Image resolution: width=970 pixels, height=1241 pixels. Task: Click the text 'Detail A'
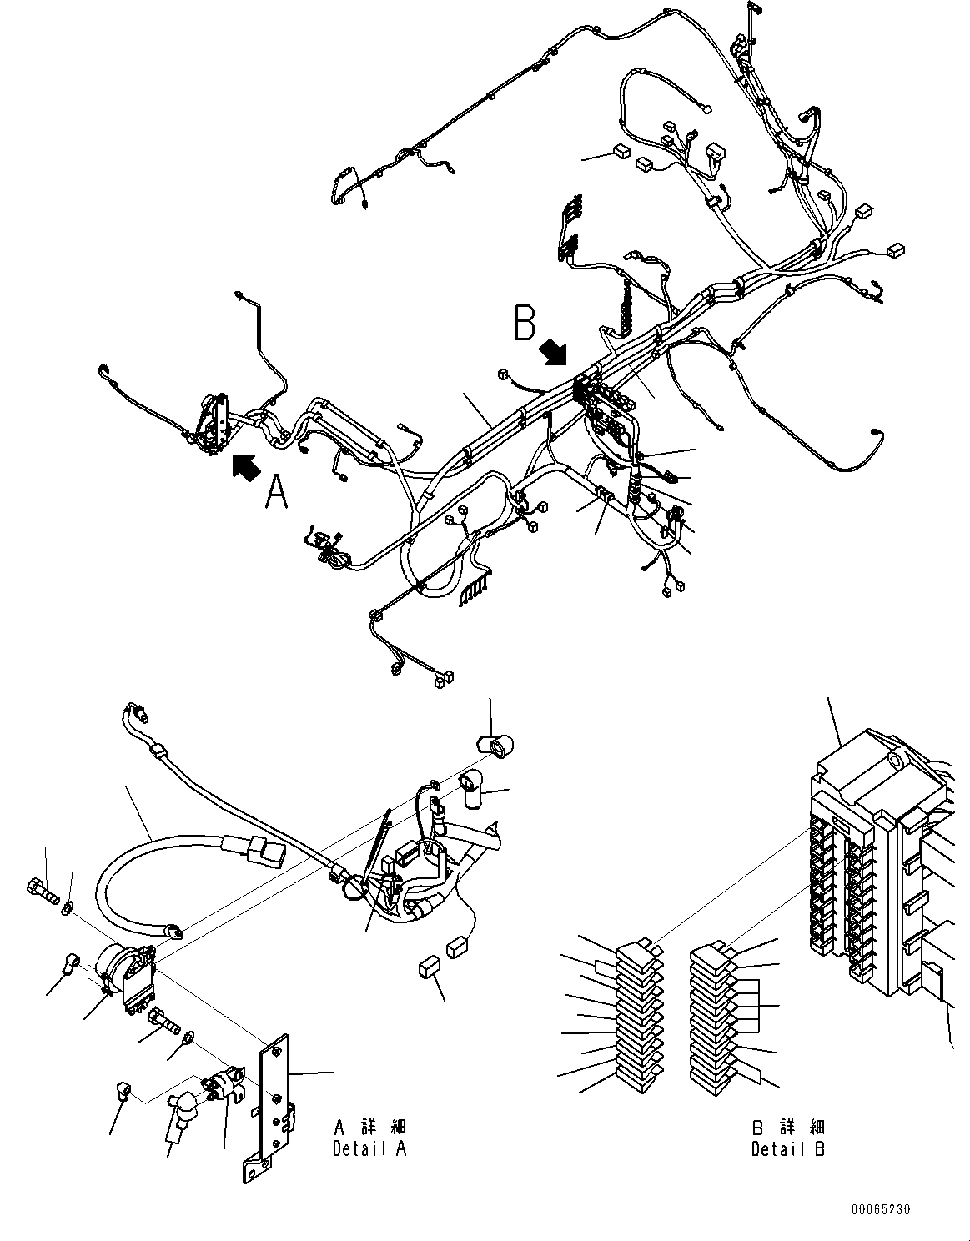pos(369,1148)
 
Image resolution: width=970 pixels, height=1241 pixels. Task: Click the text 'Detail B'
pos(788,1148)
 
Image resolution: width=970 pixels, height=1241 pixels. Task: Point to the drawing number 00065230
pos(881,1208)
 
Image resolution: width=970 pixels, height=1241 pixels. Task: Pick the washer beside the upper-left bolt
pos(68,905)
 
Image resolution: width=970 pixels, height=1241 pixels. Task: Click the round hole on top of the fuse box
pos(894,760)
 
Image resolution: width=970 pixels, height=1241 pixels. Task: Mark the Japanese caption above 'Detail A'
pos(369,1128)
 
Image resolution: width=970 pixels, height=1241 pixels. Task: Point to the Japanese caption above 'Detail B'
pos(788,1128)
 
